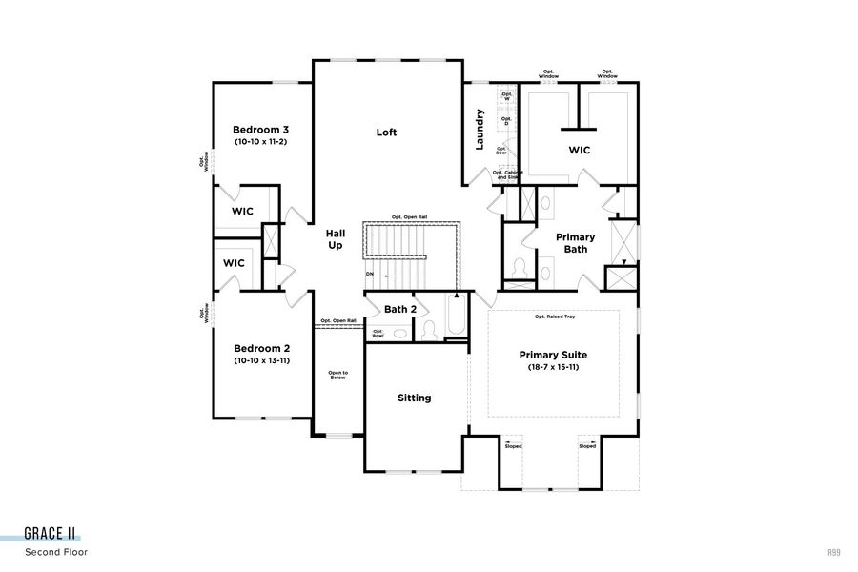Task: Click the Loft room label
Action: (x=386, y=133)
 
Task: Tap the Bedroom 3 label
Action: (x=260, y=130)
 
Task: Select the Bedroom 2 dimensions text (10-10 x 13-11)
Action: (x=260, y=361)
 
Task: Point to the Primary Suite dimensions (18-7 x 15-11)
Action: (x=553, y=367)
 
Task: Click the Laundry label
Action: (x=480, y=129)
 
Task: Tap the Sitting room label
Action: (x=414, y=398)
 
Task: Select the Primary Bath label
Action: (x=575, y=243)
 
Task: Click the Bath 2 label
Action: (x=400, y=309)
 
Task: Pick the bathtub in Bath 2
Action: (x=455, y=317)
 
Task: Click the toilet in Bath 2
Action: (x=429, y=330)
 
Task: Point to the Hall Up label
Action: (x=336, y=239)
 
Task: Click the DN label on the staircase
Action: (x=370, y=275)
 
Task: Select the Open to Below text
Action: (x=337, y=375)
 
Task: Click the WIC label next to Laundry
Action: (x=580, y=150)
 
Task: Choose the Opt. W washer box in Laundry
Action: (x=506, y=96)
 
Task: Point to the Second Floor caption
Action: (x=56, y=552)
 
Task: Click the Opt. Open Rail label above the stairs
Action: (x=409, y=217)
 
